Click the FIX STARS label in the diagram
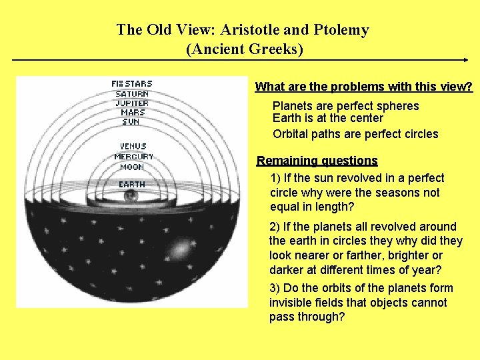point(132,83)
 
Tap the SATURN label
point(132,93)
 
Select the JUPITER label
point(132,103)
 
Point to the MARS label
point(132,113)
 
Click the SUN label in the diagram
point(131,122)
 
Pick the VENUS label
point(133,146)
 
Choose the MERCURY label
point(133,157)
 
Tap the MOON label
point(132,167)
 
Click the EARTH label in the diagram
point(131,184)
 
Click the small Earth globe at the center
point(131,196)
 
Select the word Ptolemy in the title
point(344,30)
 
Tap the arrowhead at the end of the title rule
point(465,60)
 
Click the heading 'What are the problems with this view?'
point(364,87)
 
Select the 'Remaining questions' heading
point(317,161)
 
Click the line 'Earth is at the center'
point(328,118)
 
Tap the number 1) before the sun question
point(276,178)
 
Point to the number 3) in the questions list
point(275,288)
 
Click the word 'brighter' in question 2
point(408,255)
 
